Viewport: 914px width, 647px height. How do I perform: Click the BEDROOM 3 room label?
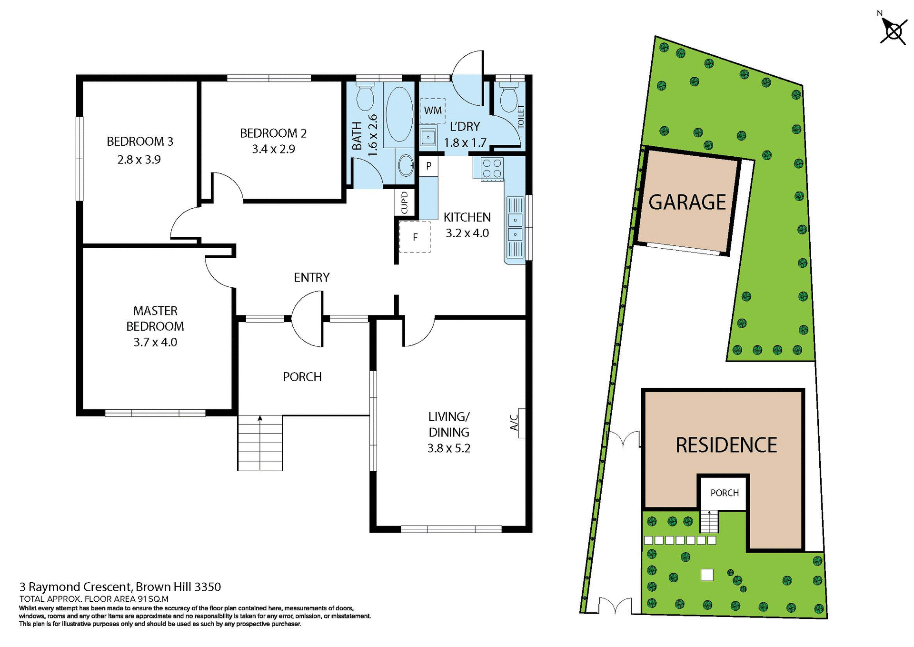click(x=139, y=141)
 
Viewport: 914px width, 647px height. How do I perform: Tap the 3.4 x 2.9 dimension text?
click(x=273, y=149)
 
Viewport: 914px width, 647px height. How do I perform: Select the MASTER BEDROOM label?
click(x=155, y=318)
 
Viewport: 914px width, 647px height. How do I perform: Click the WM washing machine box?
click(x=433, y=111)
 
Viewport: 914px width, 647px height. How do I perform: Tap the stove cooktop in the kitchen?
click(x=492, y=168)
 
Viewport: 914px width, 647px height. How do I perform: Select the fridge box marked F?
click(x=415, y=237)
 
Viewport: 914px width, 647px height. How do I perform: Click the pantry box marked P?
click(x=428, y=166)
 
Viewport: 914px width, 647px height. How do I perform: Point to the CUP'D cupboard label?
click(x=405, y=202)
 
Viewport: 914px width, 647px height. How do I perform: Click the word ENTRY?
click(x=311, y=277)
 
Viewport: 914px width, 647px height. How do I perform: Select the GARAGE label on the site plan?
click(x=687, y=202)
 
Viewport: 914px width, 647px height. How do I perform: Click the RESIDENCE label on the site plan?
click(x=726, y=445)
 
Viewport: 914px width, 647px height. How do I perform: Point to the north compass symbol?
click(x=893, y=32)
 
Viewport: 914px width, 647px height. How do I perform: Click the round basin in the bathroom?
click(x=406, y=165)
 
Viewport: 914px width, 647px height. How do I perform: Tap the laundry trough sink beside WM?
click(x=428, y=138)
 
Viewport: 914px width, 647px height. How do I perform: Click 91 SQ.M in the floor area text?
click(x=153, y=599)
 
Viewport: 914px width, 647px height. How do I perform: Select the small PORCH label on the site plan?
click(x=724, y=493)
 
